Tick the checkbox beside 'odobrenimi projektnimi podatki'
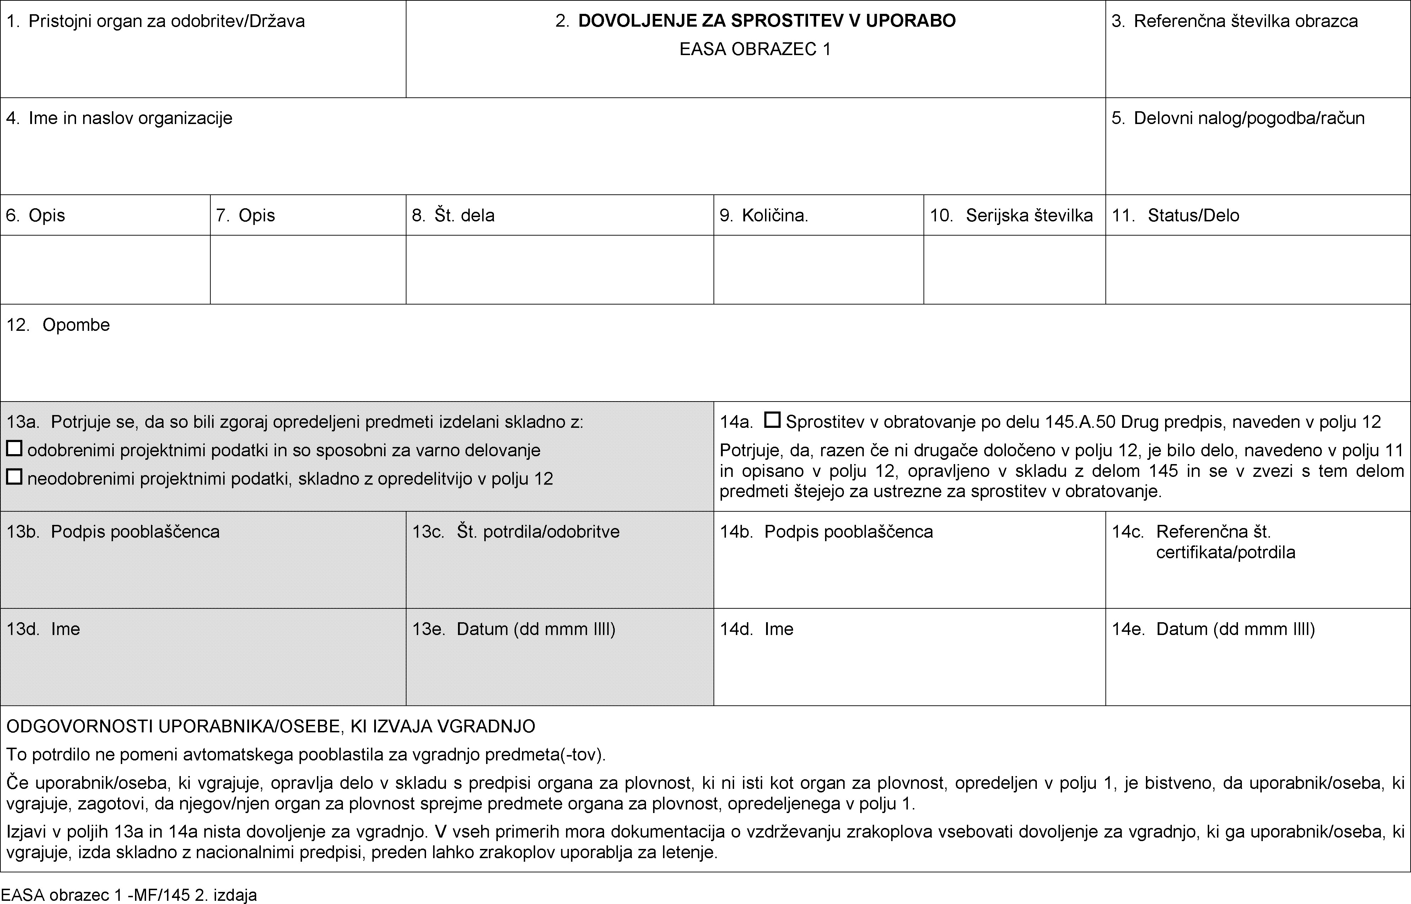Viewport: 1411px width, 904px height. pos(14,449)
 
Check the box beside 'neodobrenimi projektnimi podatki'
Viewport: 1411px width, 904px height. pos(14,477)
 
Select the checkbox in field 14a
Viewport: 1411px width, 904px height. pos(772,420)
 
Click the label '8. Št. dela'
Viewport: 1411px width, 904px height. pos(453,215)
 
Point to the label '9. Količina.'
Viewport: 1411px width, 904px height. pos(764,215)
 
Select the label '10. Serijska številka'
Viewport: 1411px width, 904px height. pos(1011,215)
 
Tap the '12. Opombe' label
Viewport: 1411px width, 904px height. pos(58,325)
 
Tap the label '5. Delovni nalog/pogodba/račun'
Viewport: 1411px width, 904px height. pos(1238,118)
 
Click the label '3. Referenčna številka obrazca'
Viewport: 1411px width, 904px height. pos(1234,21)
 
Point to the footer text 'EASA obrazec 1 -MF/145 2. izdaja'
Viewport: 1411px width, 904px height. pos(129,895)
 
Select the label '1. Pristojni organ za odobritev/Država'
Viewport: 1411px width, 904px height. pos(156,21)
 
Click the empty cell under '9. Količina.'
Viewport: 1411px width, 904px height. pos(818,269)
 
